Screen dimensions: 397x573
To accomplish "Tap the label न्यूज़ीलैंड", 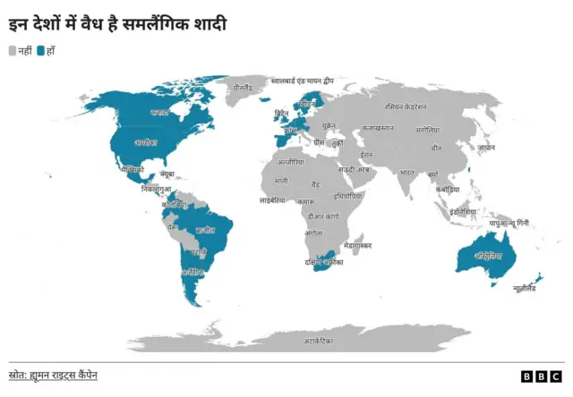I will pos(525,288).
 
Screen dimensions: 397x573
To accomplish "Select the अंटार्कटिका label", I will pos(317,341).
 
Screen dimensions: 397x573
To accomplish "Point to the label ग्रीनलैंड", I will pos(244,89).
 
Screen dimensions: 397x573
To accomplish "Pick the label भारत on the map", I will pos(407,172).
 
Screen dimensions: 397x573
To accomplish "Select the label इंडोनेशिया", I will pos(464,212).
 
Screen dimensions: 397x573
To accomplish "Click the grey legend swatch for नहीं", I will pos(13,50).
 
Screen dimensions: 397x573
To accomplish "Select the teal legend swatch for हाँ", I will pos(41,50).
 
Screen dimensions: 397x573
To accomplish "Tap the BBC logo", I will pos(541,376).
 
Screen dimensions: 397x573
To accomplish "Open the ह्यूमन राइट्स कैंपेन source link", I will pos(64,375).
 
